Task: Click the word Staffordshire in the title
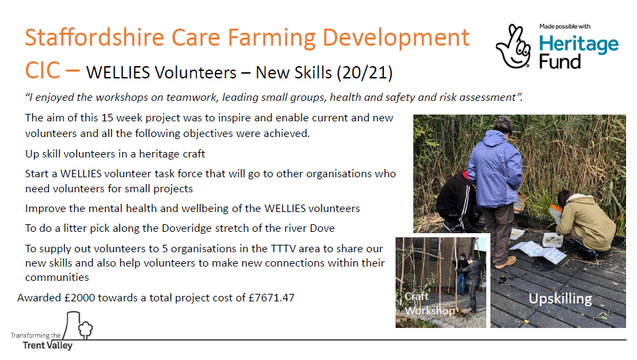[x=95, y=37]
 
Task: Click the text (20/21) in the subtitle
[x=364, y=73]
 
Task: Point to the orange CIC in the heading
[x=43, y=70]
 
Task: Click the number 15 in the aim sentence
[x=107, y=118]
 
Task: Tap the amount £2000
[x=79, y=298]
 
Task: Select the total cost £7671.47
[x=271, y=298]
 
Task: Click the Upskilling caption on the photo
[x=560, y=299]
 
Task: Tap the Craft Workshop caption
[x=430, y=303]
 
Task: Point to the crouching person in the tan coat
[x=585, y=222]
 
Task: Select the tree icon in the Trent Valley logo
[x=85, y=329]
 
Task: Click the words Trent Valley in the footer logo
[x=48, y=346]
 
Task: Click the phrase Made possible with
[x=565, y=27]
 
